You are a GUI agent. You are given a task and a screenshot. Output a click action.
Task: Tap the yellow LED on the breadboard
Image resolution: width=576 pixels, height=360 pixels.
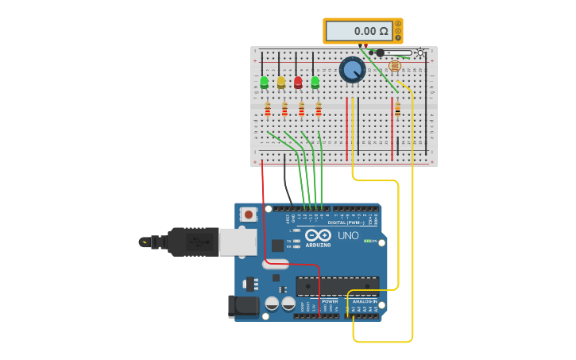(x=281, y=81)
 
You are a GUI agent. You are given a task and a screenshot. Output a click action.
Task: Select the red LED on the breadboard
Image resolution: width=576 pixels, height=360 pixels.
(x=298, y=81)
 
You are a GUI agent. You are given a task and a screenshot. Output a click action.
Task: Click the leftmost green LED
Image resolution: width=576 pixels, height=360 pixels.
(x=264, y=81)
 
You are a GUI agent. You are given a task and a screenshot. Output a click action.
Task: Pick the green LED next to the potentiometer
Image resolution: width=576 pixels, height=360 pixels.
(x=315, y=81)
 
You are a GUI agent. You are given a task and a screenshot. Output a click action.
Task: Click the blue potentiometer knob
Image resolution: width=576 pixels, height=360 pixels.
(x=352, y=70)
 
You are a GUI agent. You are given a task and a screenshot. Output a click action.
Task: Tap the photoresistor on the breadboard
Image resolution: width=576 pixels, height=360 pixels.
(x=395, y=66)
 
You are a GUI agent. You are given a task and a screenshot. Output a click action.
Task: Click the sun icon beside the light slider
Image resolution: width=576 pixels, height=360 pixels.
(x=420, y=52)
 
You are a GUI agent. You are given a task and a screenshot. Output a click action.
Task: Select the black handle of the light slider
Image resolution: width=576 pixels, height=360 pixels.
(x=380, y=52)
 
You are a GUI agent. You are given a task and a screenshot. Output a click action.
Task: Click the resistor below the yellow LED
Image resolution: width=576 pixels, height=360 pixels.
(x=284, y=110)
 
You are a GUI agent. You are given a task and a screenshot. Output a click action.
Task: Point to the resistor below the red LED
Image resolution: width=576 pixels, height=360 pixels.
(x=301, y=110)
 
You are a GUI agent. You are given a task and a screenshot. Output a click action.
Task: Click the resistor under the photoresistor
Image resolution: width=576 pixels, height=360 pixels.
(x=397, y=109)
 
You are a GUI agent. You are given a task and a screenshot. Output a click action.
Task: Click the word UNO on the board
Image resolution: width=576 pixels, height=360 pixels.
(x=348, y=236)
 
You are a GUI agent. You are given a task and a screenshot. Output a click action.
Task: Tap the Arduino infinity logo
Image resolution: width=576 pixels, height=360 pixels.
(x=318, y=235)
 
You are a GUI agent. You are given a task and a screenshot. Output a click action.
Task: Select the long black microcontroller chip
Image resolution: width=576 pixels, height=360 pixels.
(x=337, y=285)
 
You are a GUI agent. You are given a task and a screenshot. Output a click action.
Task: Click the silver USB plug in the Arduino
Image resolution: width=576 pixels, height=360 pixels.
(x=238, y=241)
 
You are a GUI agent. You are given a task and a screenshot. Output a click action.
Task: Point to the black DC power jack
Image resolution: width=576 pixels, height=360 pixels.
(x=242, y=307)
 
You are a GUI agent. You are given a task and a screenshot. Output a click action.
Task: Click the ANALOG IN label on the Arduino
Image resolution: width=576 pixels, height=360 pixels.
(x=365, y=302)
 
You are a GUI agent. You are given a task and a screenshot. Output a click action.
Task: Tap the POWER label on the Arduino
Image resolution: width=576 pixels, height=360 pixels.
(x=330, y=302)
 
